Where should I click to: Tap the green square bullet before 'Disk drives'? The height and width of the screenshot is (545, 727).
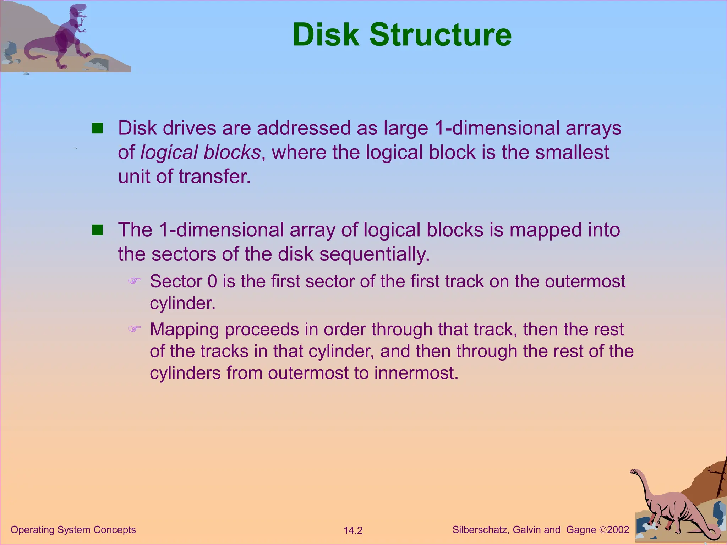point(97,128)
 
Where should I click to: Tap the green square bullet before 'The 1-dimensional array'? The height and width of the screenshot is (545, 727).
point(97,230)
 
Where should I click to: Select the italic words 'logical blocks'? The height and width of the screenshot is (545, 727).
point(201,153)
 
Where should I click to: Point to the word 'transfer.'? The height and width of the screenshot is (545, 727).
point(214,176)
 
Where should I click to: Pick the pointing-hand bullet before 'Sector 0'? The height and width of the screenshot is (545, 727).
point(134,281)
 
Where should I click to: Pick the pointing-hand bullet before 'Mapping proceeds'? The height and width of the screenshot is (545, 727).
point(134,329)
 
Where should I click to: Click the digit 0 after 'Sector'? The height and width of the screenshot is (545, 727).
point(212,281)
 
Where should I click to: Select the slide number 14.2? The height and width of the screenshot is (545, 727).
point(353,530)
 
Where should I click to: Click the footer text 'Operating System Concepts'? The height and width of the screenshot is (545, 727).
point(73,530)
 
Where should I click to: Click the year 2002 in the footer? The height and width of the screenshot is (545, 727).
point(618,530)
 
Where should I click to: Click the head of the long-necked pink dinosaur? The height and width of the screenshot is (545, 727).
point(634,472)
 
